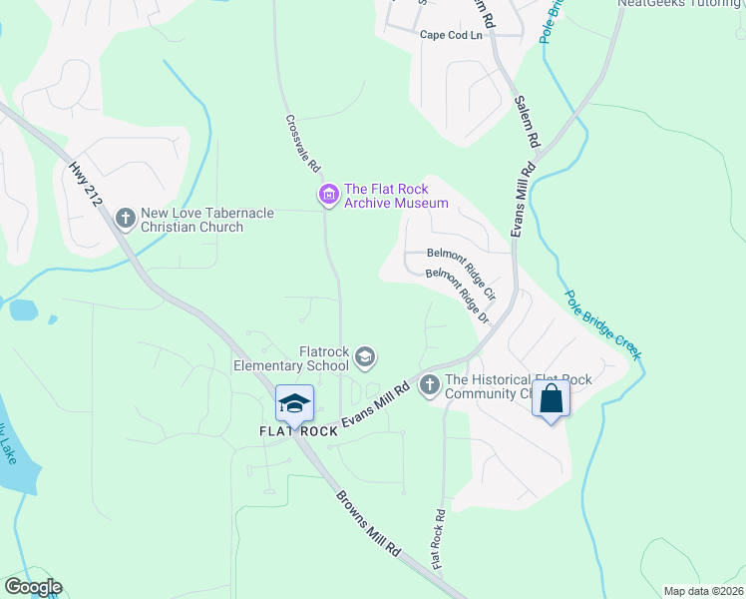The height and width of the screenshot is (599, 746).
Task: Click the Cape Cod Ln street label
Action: point(450,34)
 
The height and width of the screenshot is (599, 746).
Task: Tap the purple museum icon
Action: point(328,196)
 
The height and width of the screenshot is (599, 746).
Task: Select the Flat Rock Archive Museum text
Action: point(395,196)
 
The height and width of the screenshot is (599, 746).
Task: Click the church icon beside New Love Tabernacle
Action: point(126,217)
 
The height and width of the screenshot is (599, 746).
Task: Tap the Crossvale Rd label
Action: point(302,143)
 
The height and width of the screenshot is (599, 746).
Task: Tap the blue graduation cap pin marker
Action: point(294,403)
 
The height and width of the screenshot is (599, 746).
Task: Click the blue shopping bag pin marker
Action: point(551,398)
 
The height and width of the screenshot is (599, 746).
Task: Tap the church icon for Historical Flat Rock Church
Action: point(430,384)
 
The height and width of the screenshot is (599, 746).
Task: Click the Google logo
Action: point(33,586)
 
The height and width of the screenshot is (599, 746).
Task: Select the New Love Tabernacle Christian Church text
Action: point(191,220)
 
